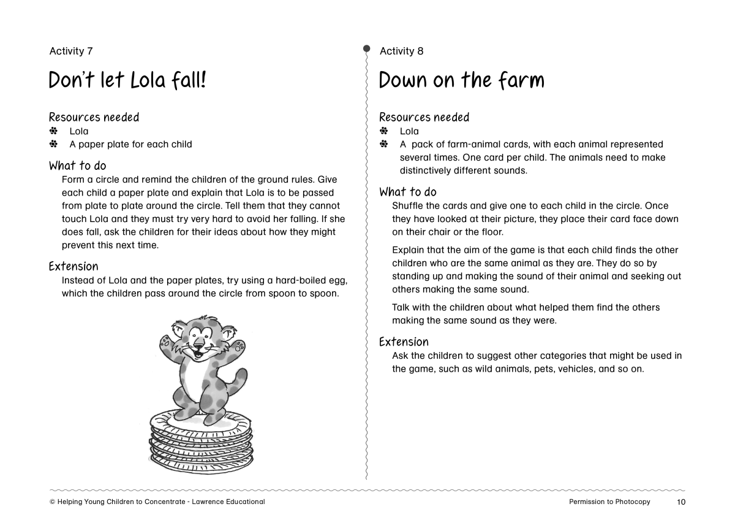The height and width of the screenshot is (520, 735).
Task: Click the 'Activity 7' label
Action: point(70,51)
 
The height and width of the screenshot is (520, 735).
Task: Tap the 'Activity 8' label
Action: point(401,51)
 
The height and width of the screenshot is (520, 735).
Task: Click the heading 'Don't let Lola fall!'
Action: point(127,80)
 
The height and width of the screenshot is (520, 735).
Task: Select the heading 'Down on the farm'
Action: point(461,80)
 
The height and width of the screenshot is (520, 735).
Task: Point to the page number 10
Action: point(681,502)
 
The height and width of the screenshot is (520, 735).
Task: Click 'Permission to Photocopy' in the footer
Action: point(609,502)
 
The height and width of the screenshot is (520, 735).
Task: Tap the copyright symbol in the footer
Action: point(52,502)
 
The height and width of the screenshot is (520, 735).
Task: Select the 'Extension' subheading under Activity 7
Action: point(73,266)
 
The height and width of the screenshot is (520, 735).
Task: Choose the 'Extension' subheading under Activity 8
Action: point(404,342)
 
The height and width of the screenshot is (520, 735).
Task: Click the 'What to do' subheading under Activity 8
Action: point(408,192)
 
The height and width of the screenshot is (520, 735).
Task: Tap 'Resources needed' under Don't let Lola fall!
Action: point(94,117)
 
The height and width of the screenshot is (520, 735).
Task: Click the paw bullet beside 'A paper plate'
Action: point(53,144)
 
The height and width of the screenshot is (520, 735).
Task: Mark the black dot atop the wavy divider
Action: point(366,48)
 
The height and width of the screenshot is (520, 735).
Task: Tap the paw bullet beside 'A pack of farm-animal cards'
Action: point(384,144)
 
